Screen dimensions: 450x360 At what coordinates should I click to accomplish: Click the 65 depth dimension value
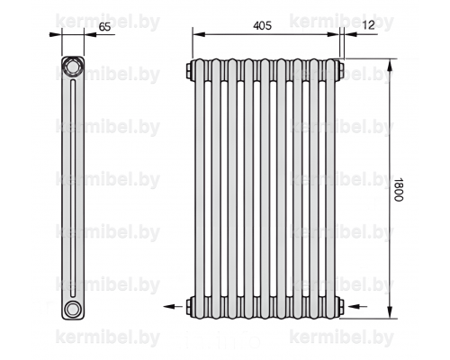coord(105,27)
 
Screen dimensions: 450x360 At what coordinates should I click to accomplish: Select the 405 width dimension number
coord(263,26)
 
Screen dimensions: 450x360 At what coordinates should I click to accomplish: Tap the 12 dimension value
coord(369,25)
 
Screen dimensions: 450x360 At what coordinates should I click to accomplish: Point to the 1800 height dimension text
coord(399,190)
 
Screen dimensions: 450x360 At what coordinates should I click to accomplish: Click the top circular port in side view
coord(72,67)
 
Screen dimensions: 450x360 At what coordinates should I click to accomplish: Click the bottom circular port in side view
coord(72,309)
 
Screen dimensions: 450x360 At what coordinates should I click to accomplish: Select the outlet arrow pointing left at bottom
coord(173,306)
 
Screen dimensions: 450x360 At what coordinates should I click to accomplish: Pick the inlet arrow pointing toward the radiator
coord(357,306)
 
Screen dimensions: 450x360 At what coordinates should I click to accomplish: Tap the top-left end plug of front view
coord(190,71)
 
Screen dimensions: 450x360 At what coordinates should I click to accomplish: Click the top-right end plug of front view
coord(340,70)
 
